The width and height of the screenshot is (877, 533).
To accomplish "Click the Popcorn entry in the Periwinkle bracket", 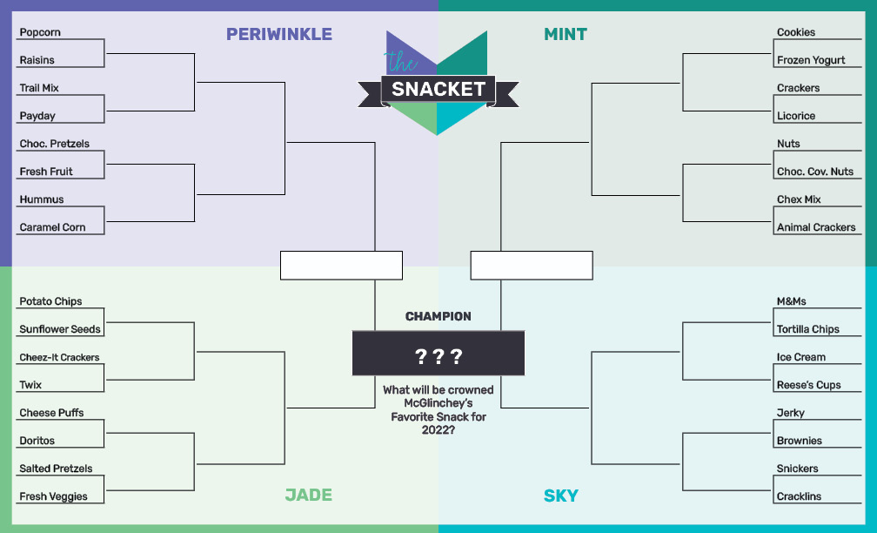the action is click(40, 32).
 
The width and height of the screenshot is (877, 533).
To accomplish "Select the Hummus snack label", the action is click(42, 199).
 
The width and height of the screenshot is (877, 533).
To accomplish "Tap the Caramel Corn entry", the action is click(52, 227).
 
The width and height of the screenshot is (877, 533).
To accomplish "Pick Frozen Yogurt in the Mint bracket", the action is click(811, 60).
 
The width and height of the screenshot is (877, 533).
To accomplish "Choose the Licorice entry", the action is click(796, 116).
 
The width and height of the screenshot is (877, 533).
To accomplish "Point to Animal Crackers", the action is click(816, 227).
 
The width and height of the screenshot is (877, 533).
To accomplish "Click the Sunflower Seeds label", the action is click(60, 329).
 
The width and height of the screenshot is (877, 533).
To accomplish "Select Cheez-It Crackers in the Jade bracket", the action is click(59, 357).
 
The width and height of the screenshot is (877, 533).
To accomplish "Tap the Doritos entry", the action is click(37, 441).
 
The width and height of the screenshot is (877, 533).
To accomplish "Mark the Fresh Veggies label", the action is click(53, 496).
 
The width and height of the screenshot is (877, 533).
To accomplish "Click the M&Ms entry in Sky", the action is click(792, 301).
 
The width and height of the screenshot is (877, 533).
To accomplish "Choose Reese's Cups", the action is click(809, 385).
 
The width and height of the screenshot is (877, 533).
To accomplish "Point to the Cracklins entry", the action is click(799, 496).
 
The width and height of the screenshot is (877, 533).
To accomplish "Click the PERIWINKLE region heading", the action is click(279, 34).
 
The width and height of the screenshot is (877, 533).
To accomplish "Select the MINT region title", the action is click(566, 34).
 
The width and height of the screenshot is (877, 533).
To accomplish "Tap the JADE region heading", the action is click(309, 495).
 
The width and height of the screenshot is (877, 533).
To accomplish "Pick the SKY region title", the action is click(561, 496).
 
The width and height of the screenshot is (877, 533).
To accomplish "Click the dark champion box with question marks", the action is click(438, 354).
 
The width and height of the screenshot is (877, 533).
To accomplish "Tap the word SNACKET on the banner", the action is click(438, 89).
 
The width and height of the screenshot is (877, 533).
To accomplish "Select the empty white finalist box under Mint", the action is click(532, 266).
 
